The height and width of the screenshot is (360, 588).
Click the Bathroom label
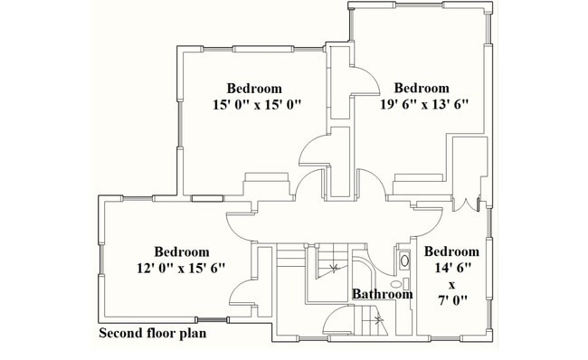(x=382, y=294)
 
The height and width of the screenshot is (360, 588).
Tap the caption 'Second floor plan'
(x=152, y=334)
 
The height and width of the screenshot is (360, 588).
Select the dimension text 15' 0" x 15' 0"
(x=253, y=105)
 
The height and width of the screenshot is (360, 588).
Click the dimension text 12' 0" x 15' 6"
(x=181, y=268)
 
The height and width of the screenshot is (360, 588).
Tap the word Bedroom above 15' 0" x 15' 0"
(x=253, y=89)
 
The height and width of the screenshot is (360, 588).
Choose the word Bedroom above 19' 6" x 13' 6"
(x=422, y=89)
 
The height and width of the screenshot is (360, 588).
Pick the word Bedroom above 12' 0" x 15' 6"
(x=181, y=251)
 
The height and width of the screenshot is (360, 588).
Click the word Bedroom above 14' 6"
(x=451, y=251)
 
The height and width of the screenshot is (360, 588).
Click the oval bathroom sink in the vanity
(x=404, y=261)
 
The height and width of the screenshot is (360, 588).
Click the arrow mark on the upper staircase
(x=336, y=268)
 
